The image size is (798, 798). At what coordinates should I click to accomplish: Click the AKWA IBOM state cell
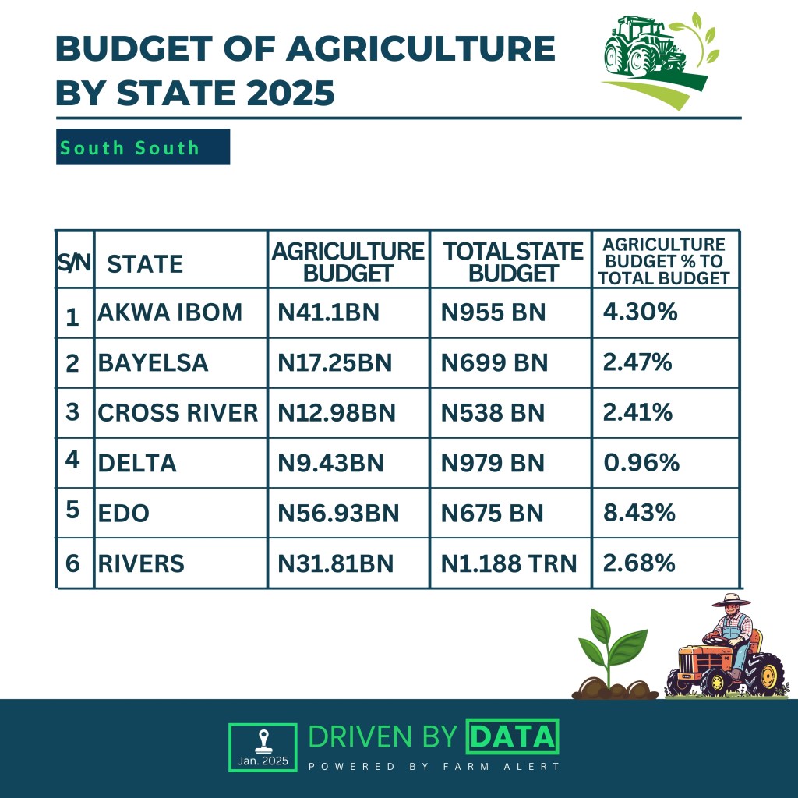click(170, 312)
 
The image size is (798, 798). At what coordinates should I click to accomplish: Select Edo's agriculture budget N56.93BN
click(338, 513)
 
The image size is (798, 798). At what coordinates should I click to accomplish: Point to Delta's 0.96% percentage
click(641, 463)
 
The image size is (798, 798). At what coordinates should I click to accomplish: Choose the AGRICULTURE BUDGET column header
click(348, 262)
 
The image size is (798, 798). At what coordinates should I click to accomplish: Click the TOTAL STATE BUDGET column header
click(512, 262)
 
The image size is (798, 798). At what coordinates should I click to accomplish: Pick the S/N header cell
click(75, 263)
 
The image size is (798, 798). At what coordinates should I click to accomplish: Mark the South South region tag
click(143, 147)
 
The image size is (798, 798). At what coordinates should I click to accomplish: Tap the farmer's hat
click(730, 600)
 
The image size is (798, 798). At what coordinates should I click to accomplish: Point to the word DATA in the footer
click(511, 736)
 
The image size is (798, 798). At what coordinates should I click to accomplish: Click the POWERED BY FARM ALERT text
click(434, 767)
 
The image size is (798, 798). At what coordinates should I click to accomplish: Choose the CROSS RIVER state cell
click(178, 412)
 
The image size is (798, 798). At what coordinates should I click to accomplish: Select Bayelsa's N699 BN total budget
click(494, 362)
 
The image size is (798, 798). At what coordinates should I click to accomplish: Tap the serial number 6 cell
click(73, 563)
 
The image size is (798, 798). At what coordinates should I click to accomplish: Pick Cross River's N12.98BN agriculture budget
click(337, 412)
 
